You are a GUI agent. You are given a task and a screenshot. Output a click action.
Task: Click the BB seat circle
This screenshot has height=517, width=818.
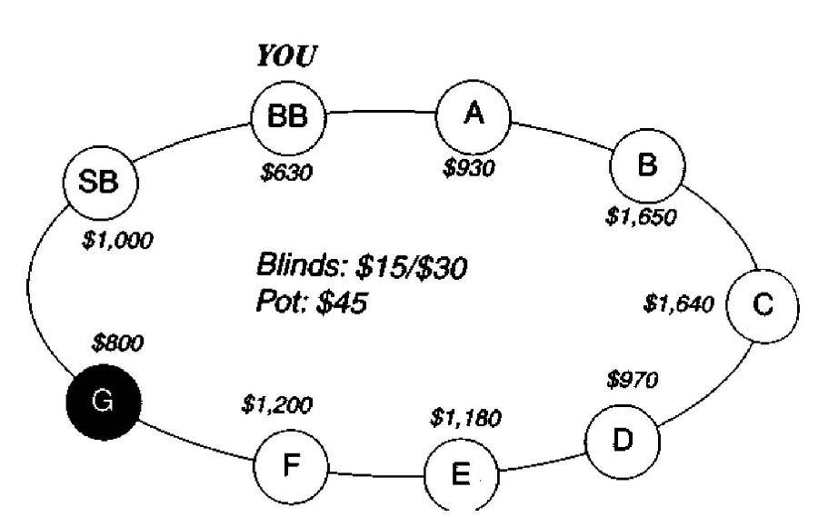(288, 117)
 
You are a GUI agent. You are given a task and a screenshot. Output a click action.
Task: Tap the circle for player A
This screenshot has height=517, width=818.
(473, 115)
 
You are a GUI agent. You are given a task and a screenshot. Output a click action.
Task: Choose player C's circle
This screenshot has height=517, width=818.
(763, 304)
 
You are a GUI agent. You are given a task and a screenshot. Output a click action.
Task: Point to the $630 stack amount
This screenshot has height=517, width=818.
(286, 173)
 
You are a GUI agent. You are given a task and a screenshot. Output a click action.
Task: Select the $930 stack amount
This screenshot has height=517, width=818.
(469, 168)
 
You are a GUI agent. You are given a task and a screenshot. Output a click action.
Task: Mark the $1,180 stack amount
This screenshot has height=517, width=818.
(465, 420)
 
